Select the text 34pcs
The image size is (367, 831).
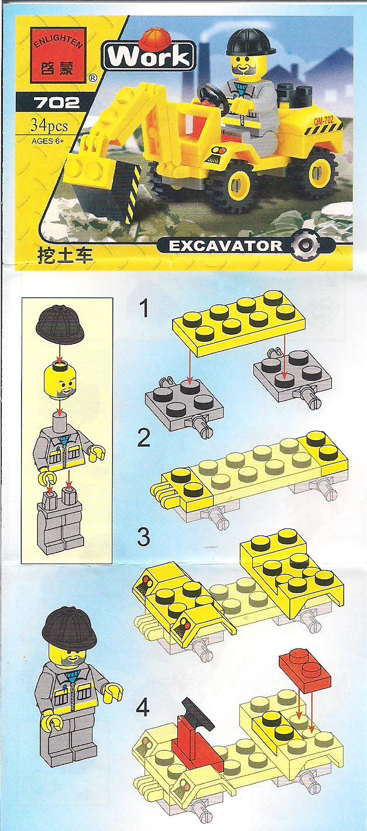coord(49,126)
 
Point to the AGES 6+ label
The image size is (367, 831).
coord(48,140)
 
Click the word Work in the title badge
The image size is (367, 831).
coord(149,57)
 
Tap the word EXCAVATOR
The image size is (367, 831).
coord(225,246)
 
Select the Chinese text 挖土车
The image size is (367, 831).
coord(64,256)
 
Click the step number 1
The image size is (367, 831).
coord(144,309)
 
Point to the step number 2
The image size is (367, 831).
coord(143,438)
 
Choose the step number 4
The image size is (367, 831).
coord(142,707)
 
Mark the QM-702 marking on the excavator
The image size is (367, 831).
coord(324,121)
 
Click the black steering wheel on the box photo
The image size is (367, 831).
coord(212,96)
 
